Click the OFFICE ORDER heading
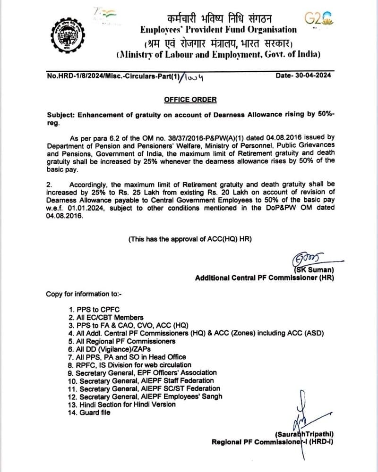pos(190,100)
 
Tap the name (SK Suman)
pos(313,270)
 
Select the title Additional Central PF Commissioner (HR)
pos(264,278)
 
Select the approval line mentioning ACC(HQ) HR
pos(190,239)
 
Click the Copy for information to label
pos(84,294)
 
